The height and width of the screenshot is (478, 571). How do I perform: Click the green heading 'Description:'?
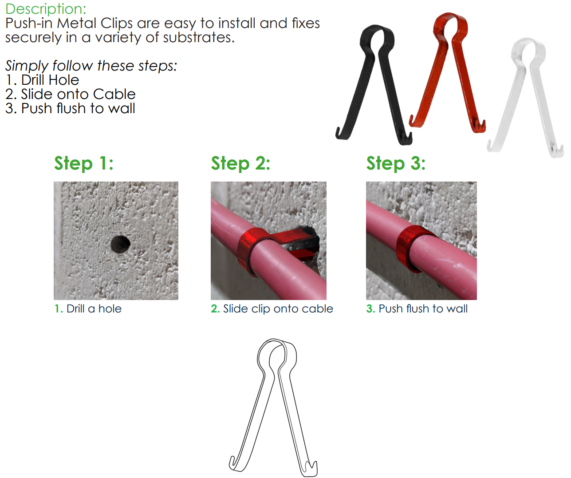pyautogui.click(x=46, y=9)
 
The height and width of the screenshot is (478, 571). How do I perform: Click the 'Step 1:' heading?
pyautogui.click(x=84, y=163)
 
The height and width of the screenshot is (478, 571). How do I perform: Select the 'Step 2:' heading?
pyautogui.click(x=240, y=163)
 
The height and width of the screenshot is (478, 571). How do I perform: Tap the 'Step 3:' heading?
pyautogui.click(x=396, y=163)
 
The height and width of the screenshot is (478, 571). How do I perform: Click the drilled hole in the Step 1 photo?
pyautogui.click(x=120, y=244)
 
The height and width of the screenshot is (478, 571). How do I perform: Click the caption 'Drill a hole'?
pyautogui.click(x=94, y=308)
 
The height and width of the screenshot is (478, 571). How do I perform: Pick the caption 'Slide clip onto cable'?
pyautogui.click(x=278, y=309)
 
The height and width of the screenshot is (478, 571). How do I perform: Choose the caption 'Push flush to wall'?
pyautogui.click(x=423, y=308)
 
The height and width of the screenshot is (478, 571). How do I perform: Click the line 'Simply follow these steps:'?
pyautogui.click(x=91, y=66)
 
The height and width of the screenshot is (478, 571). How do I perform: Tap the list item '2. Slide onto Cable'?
pyautogui.click(x=70, y=94)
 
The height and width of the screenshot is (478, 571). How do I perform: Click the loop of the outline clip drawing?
pyautogui.click(x=276, y=342)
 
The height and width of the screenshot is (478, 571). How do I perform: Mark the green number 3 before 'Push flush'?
pyautogui.click(x=370, y=308)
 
